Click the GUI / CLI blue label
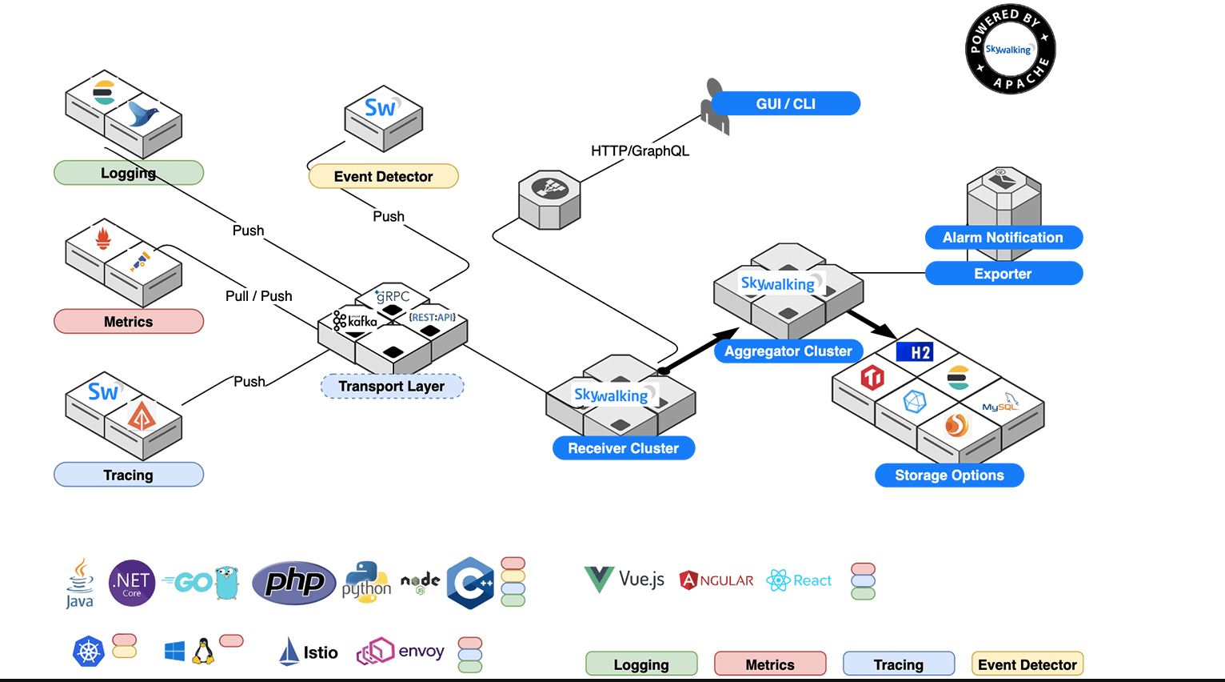click(785, 104)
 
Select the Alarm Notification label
click(1003, 238)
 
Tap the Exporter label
click(1003, 274)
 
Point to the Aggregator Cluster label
click(788, 351)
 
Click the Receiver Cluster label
click(623, 448)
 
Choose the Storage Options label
click(949, 475)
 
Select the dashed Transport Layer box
click(392, 387)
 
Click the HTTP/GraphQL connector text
click(640, 151)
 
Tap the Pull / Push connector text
click(258, 296)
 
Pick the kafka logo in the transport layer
click(355, 321)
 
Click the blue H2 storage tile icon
click(915, 352)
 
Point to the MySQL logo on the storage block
click(1000, 404)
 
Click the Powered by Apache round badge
click(1010, 50)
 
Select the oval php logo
click(294, 582)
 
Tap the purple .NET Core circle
click(132, 583)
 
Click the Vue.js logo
click(624, 580)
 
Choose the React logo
click(799, 580)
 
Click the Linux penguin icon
click(203, 652)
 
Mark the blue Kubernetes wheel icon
click(89, 652)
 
